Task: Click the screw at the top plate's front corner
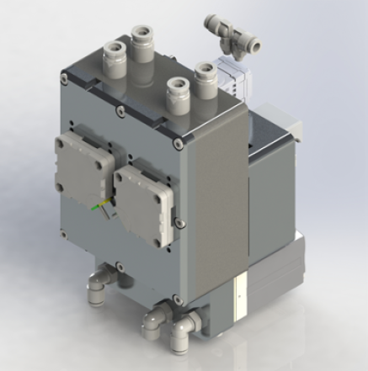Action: pyautogui.click(x=178, y=143)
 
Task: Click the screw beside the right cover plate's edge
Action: pyautogui.click(x=178, y=222)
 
